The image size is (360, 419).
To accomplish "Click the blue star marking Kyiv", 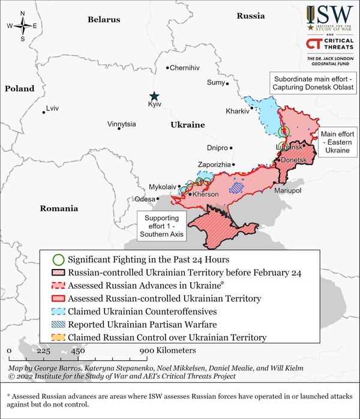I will pyautogui.click(x=154, y=96).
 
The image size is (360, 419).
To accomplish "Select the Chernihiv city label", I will pyautogui.click(x=184, y=68).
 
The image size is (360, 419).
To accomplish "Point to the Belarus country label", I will pyautogui.click(x=104, y=20).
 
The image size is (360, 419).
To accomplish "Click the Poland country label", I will pyautogui.click(x=20, y=89).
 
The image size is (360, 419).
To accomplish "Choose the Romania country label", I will pyautogui.click(x=59, y=209).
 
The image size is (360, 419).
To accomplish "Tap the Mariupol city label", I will pyautogui.click(x=287, y=190).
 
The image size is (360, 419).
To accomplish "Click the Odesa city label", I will pyautogui.click(x=144, y=199).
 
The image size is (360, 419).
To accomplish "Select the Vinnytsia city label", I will pyautogui.click(x=121, y=124).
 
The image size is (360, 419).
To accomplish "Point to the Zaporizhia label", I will pyautogui.click(x=214, y=164).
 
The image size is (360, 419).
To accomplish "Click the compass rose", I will pyautogui.click(x=22, y=25).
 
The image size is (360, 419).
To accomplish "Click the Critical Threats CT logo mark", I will pyautogui.click(x=312, y=43).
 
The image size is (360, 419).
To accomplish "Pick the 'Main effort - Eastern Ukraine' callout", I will pyautogui.click(x=338, y=142).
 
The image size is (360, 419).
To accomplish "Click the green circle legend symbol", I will pyautogui.click(x=58, y=260).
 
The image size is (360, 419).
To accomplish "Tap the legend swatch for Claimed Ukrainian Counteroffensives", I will pyautogui.click(x=58, y=312).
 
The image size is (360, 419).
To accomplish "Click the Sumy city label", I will pyautogui.click(x=215, y=82).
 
